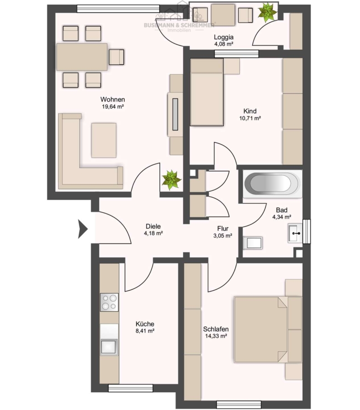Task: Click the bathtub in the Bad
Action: tap(273, 183)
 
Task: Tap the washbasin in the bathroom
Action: tap(295, 233)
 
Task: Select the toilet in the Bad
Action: tap(253, 243)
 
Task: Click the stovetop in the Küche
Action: tap(109, 302)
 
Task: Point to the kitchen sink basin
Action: tap(109, 347)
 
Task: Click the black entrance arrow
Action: tap(83, 229)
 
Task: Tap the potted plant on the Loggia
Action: tap(267, 12)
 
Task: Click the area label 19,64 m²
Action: tap(112, 107)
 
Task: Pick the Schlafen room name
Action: tap(216, 329)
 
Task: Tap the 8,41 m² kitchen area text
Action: tap(145, 331)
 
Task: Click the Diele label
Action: tap(153, 226)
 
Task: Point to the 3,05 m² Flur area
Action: tap(223, 236)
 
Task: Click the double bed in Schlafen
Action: tap(268, 329)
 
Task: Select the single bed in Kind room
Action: tap(207, 92)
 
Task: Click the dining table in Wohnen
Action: tap(82, 57)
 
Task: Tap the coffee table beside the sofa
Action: tap(104, 140)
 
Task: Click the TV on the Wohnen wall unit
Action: tap(175, 114)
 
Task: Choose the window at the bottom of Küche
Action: tap(131, 388)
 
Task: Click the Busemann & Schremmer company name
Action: tap(179, 25)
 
